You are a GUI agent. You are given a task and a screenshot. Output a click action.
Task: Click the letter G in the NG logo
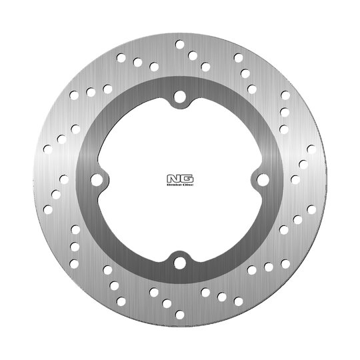click(187, 179)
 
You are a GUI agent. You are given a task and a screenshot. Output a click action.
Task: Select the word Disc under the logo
click(188, 185)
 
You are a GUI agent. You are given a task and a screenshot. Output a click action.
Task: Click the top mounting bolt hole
click(180, 97)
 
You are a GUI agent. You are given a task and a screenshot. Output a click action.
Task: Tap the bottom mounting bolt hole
click(180, 263)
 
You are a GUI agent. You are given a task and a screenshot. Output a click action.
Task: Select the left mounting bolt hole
click(97, 180)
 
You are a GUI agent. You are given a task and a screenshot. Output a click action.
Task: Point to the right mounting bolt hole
click(263, 180)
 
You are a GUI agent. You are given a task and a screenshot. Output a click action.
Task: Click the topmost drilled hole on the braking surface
click(180, 45)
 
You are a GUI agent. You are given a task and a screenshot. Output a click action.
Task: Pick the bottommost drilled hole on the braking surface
click(180, 315)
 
